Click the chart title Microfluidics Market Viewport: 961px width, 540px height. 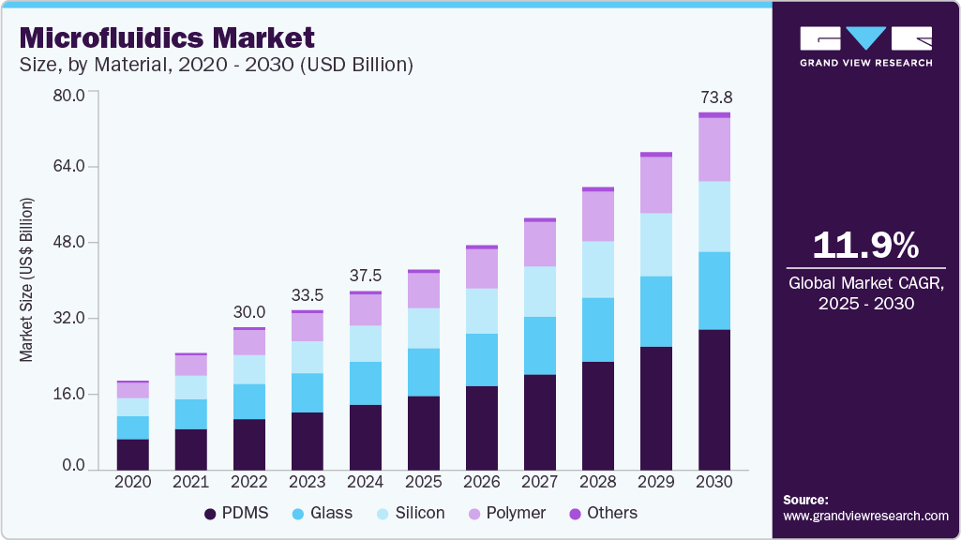[x=167, y=37]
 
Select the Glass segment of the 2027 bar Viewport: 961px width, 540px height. [x=540, y=345]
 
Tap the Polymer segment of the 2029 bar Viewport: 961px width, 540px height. [x=656, y=185]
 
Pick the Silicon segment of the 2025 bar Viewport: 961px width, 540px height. [x=424, y=328]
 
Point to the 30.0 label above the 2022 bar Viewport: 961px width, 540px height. [x=249, y=312]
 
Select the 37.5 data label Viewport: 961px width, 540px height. [x=366, y=276]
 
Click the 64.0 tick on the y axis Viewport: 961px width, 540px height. [x=68, y=167]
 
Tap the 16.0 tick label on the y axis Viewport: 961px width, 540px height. [x=68, y=394]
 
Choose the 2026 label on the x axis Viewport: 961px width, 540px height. [x=482, y=482]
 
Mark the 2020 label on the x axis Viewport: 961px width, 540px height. [x=132, y=482]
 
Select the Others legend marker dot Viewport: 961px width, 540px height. [x=576, y=514]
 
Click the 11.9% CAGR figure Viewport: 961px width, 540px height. [x=864, y=246]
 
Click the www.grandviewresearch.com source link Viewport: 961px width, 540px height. [x=865, y=517]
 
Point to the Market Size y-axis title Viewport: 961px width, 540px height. [x=27, y=280]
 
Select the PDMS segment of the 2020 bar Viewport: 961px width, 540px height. [x=132, y=454]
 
